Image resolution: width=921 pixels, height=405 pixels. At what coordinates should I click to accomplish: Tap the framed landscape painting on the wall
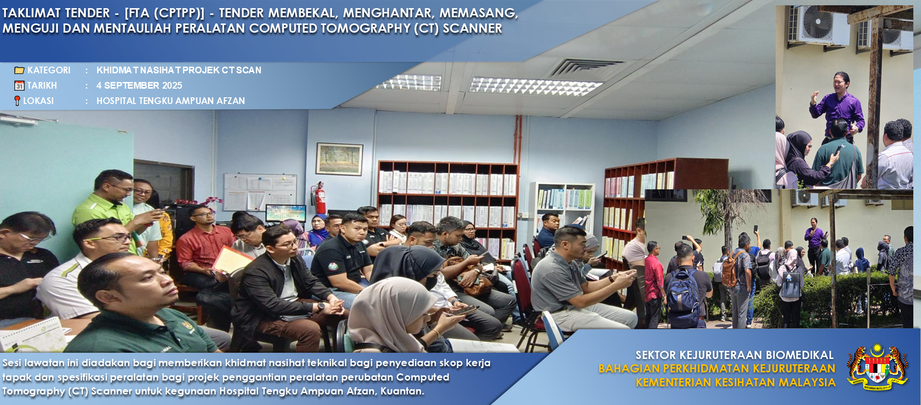(x=339, y=159)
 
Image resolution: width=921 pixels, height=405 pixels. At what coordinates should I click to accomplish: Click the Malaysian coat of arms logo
(x=877, y=367)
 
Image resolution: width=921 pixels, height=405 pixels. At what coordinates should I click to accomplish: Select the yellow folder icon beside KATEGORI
(x=19, y=70)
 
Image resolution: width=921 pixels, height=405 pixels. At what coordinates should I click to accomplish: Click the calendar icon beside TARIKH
(x=19, y=86)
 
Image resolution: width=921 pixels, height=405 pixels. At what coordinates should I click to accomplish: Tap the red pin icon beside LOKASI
(x=17, y=101)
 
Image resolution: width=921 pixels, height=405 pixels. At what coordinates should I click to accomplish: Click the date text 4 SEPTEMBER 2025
(x=139, y=85)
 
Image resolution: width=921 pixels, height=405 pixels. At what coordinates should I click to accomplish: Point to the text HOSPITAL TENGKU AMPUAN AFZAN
(x=171, y=101)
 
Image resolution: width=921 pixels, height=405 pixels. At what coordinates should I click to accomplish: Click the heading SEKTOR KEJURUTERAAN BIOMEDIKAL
(x=734, y=355)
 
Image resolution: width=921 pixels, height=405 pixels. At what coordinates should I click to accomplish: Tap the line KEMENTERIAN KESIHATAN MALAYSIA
(x=735, y=382)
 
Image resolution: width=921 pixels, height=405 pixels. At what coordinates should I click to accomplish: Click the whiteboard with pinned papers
(x=260, y=192)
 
